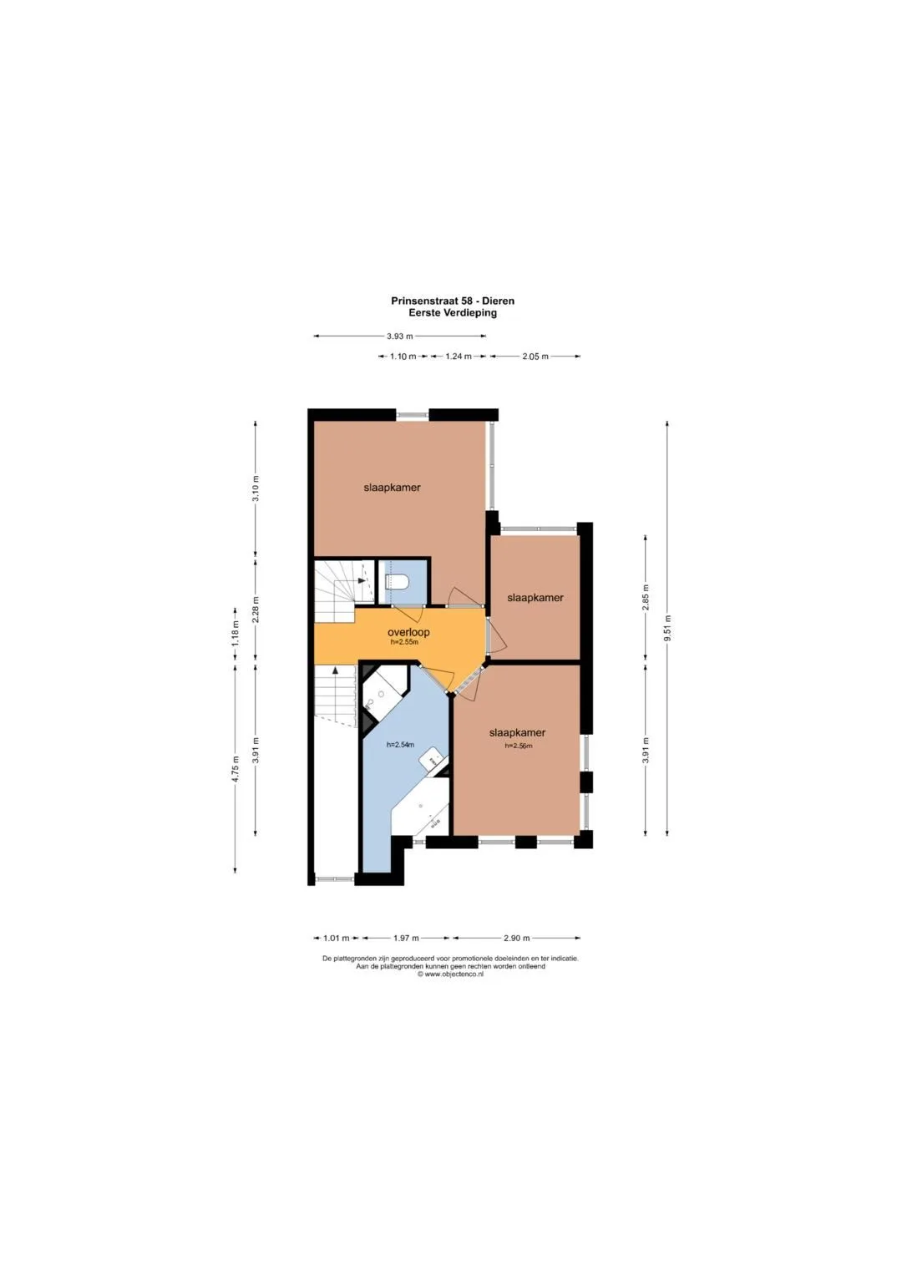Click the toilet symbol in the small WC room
click(x=397, y=582)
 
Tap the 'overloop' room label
click(x=408, y=632)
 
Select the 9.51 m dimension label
click(x=668, y=627)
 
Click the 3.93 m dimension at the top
click(x=400, y=336)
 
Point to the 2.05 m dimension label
click(x=535, y=357)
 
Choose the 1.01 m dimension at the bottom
click(x=336, y=938)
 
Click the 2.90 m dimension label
click(x=516, y=938)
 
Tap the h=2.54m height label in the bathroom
click(x=400, y=745)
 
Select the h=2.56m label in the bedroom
click(x=519, y=746)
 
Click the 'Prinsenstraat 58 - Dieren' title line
click(x=453, y=301)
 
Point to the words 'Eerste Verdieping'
click(x=453, y=312)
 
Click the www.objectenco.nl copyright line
click(x=450, y=974)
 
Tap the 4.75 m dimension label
click(x=236, y=769)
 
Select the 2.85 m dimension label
click(x=646, y=597)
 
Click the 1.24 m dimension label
click(x=459, y=357)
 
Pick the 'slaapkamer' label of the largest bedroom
click(x=393, y=488)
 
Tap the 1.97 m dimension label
click(x=406, y=938)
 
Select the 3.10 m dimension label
click(x=256, y=488)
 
